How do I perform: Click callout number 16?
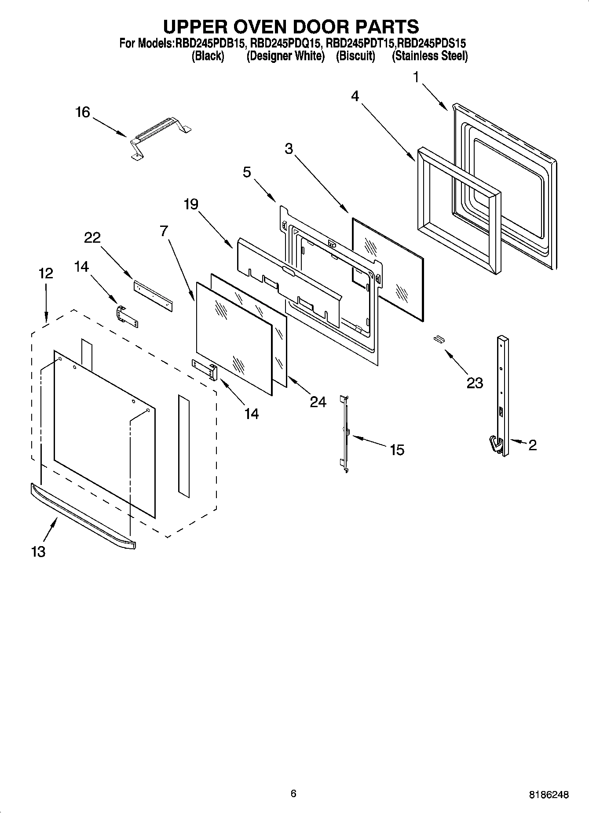coord(82,113)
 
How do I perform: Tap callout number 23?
coord(475,383)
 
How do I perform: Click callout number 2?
coord(532,445)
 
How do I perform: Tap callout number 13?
coord(38,551)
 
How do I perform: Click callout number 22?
coord(92,238)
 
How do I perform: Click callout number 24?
coord(318,401)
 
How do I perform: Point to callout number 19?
coord(191,204)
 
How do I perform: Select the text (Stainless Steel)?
coord(430,56)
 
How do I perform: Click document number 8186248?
coord(549,795)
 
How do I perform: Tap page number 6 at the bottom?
coord(293,793)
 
